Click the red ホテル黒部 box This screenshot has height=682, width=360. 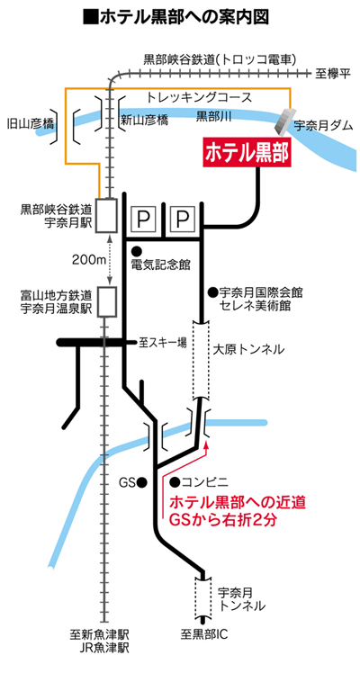(x=247, y=152)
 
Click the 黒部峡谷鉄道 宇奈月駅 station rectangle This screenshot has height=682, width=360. (x=107, y=215)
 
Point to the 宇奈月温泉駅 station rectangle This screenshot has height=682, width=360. (x=107, y=301)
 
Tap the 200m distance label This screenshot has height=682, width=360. (x=90, y=260)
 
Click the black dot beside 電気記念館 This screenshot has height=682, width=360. (x=137, y=250)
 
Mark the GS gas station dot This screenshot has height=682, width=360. (x=141, y=481)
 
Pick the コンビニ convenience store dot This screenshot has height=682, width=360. (x=175, y=481)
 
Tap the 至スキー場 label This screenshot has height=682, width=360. (x=163, y=343)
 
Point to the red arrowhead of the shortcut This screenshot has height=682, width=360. (x=206, y=444)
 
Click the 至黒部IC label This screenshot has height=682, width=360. (x=204, y=634)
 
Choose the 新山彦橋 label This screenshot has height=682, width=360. (x=144, y=121)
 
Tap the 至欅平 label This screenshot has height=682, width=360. (x=333, y=74)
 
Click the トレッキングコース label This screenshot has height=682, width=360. (x=200, y=97)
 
